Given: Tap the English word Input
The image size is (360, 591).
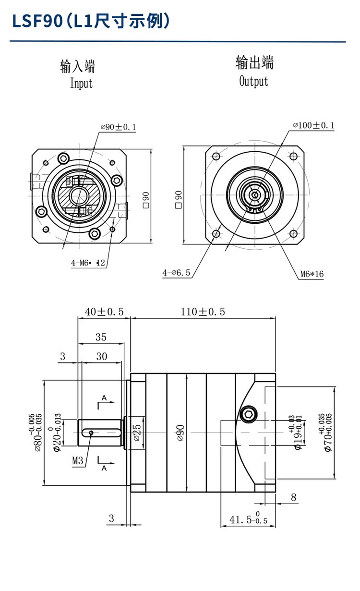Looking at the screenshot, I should pyautogui.click(x=81, y=83).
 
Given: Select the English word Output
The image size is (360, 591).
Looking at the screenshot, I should pyautogui.click(x=254, y=81).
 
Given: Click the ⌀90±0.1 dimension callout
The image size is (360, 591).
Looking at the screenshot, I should pyautogui.click(x=119, y=127).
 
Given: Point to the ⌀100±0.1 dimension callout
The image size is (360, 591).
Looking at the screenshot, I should pyautogui.click(x=313, y=126).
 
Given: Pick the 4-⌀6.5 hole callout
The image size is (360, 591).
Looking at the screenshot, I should pyautogui.click(x=177, y=273).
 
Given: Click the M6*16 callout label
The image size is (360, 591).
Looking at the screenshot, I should pyautogui.click(x=312, y=274).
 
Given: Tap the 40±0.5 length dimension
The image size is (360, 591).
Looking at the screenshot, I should pyautogui.click(x=104, y=312).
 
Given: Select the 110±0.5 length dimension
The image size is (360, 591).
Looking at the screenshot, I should pyautogui.click(x=203, y=312).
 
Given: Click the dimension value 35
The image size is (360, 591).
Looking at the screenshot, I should pyautogui.click(x=101, y=337).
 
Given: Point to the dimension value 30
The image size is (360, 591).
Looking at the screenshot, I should pyautogui.click(x=101, y=356).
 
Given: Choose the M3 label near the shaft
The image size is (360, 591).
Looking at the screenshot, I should pyautogui.click(x=78, y=461).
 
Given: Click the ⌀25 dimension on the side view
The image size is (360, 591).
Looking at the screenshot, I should pyautogui.click(x=136, y=433).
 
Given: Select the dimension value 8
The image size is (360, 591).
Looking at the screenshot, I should pyautogui.click(x=293, y=498).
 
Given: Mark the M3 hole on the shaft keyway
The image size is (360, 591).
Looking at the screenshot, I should pyautogui.click(x=91, y=433).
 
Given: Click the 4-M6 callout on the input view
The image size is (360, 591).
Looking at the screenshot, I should pyautogui.click(x=88, y=263).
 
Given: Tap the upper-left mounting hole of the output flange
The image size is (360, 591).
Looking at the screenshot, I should pyautogui.click(x=216, y=157).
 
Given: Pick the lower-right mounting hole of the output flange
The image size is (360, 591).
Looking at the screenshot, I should pyautogui.click(x=293, y=234).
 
